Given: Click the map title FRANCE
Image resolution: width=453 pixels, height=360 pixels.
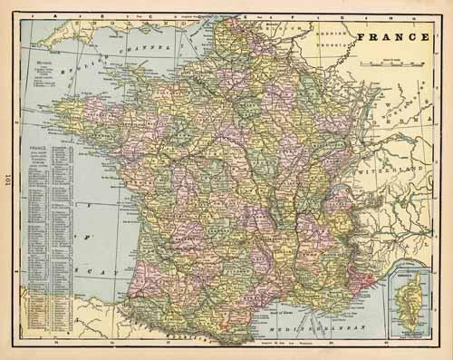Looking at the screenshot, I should click(392, 38).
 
